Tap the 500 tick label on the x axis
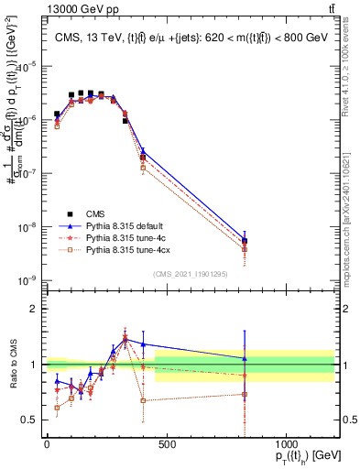coord(167,444)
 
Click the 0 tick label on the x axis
coord(47,444)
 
